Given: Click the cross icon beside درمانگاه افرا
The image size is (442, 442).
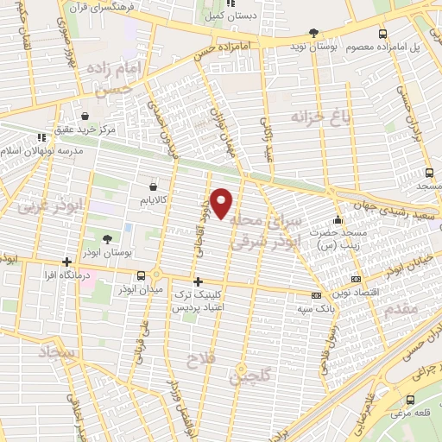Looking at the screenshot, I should (x=66, y=262).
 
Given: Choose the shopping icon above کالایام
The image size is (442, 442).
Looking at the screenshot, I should (x=154, y=186).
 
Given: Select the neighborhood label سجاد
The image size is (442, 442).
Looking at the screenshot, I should (x=58, y=354).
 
